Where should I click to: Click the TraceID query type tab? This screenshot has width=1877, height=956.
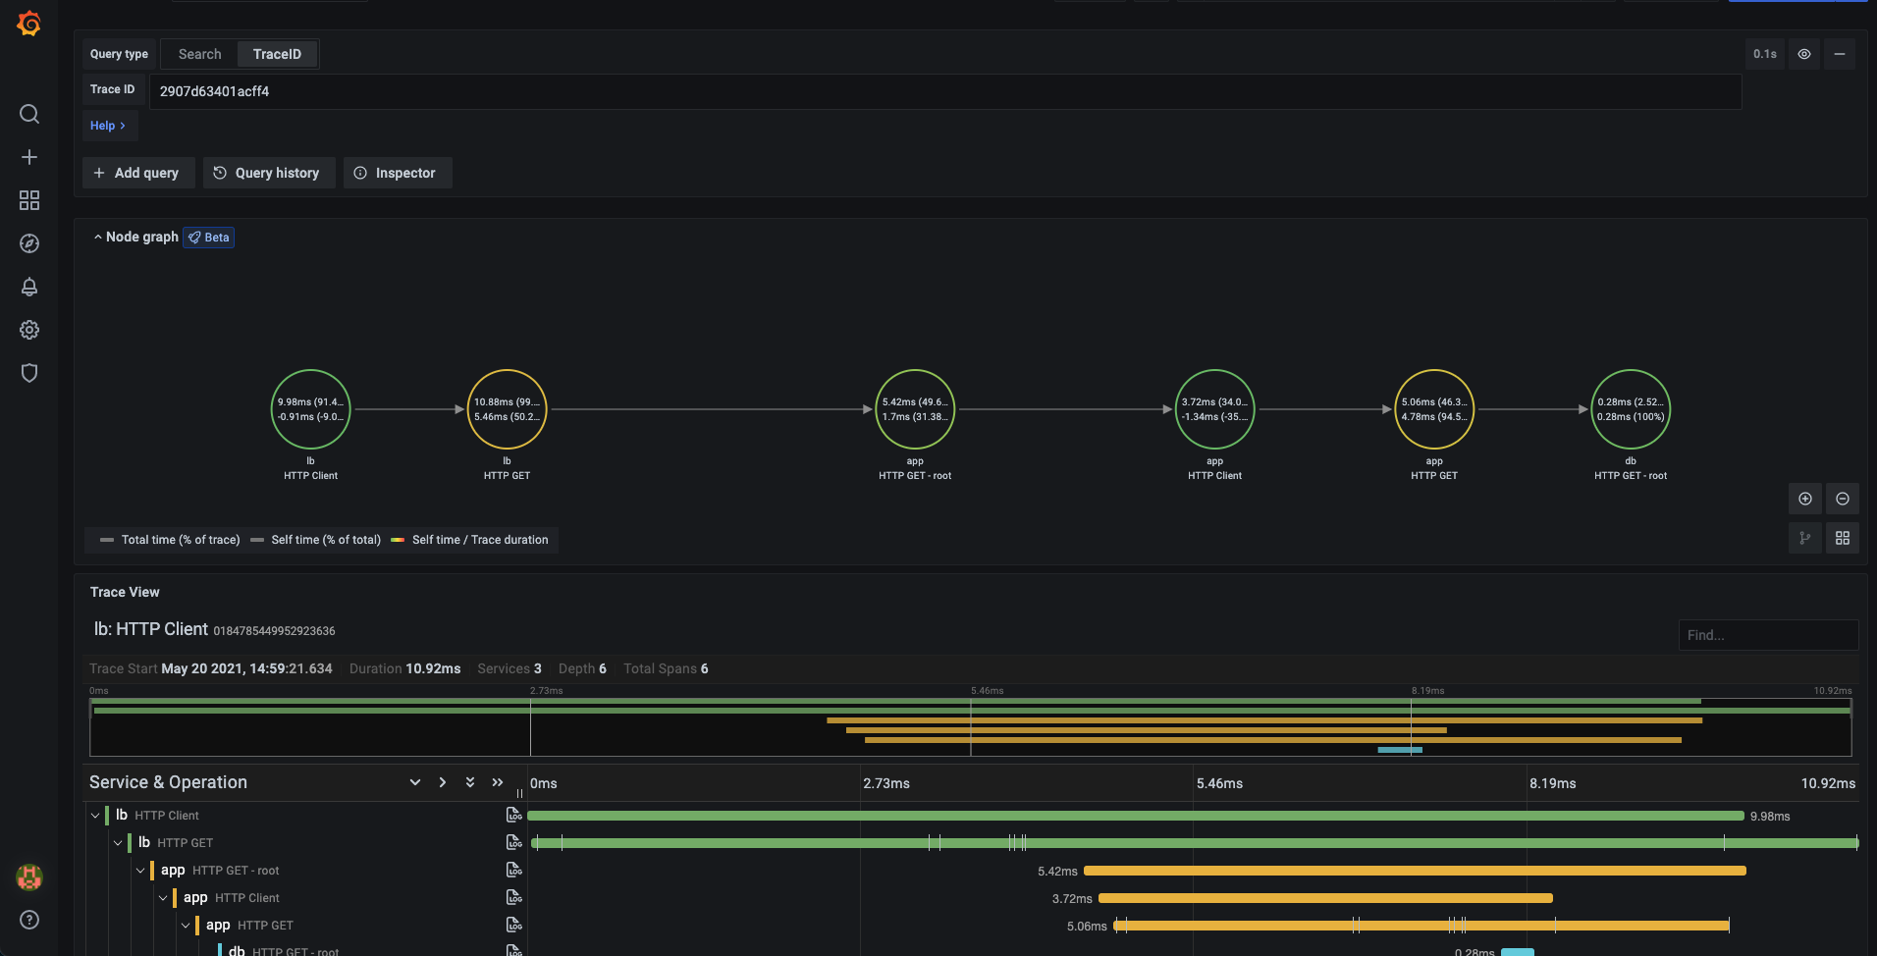277,54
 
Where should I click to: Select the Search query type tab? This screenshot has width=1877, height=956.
200,54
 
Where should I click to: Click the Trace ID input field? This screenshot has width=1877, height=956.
942,91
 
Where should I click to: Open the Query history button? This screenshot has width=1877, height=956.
268,173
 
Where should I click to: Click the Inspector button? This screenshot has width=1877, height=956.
397,173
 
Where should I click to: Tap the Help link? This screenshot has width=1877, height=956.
108,126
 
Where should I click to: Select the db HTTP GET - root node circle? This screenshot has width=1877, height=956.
1631,409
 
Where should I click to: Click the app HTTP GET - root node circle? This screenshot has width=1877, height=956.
915,409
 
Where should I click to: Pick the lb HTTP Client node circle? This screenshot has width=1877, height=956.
310,409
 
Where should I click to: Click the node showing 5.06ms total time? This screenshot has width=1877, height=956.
1434,409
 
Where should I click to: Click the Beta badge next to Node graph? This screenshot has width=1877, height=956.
209,238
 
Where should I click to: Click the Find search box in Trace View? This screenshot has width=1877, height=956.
1767,635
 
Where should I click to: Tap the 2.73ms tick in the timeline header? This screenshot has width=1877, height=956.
886,783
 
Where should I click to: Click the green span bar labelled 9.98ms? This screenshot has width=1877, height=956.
1135,816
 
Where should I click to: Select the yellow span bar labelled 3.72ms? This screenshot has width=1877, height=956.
1325,898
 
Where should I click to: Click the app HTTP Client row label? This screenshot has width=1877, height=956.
231,898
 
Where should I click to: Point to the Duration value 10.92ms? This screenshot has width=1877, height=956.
433,668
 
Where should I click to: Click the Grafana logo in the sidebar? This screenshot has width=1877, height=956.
29,23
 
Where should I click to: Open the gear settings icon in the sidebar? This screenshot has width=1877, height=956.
29,330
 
